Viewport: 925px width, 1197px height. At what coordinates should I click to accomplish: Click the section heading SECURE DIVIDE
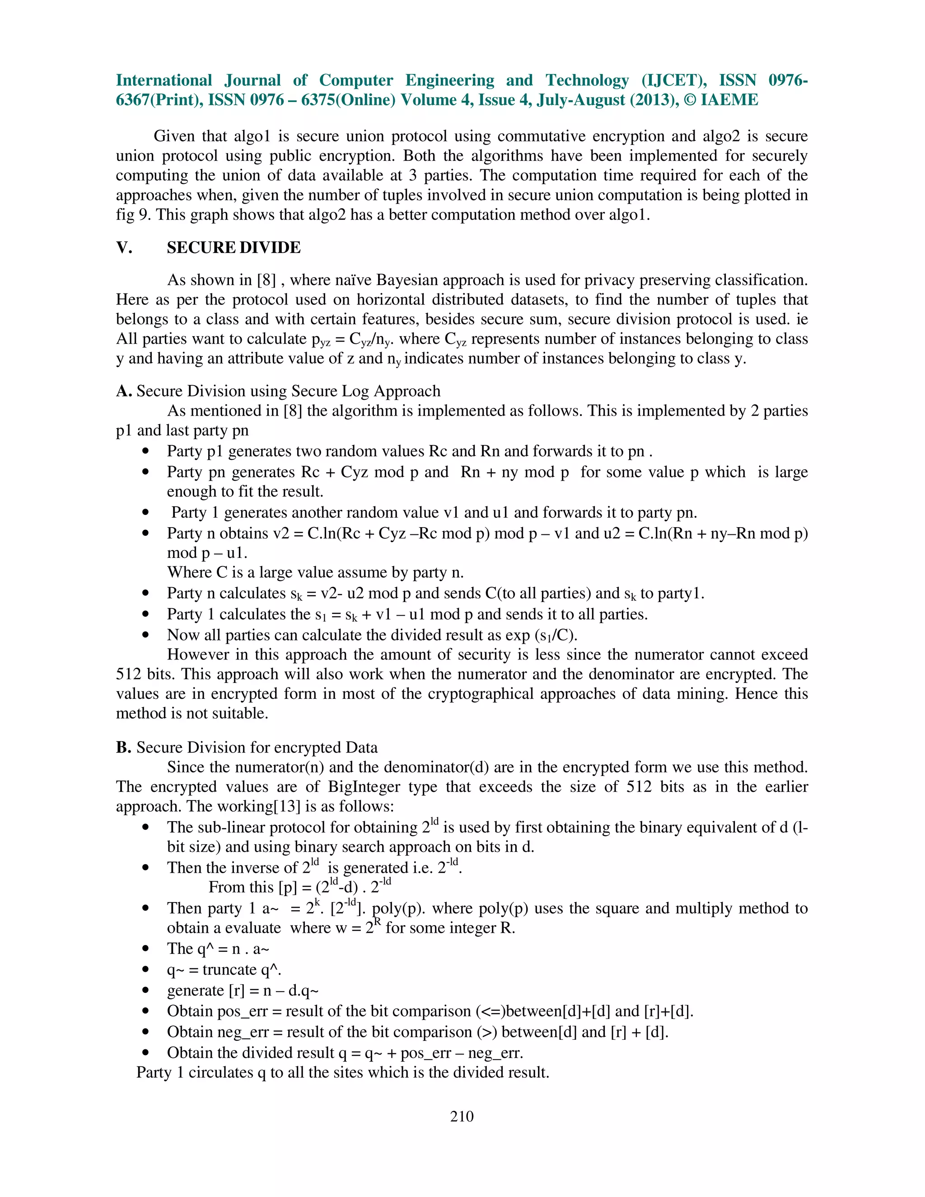[x=234, y=248]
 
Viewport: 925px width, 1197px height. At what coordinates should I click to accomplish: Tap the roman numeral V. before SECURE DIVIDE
[x=124, y=248]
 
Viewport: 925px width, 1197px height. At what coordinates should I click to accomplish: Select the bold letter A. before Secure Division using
[x=123, y=391]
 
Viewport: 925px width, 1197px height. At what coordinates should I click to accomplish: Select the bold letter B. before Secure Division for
[x=123, y=748]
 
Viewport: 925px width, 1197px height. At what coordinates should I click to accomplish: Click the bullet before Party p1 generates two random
[x=145, y=452]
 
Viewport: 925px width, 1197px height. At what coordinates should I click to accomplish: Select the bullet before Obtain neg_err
[x=145, y=1033]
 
